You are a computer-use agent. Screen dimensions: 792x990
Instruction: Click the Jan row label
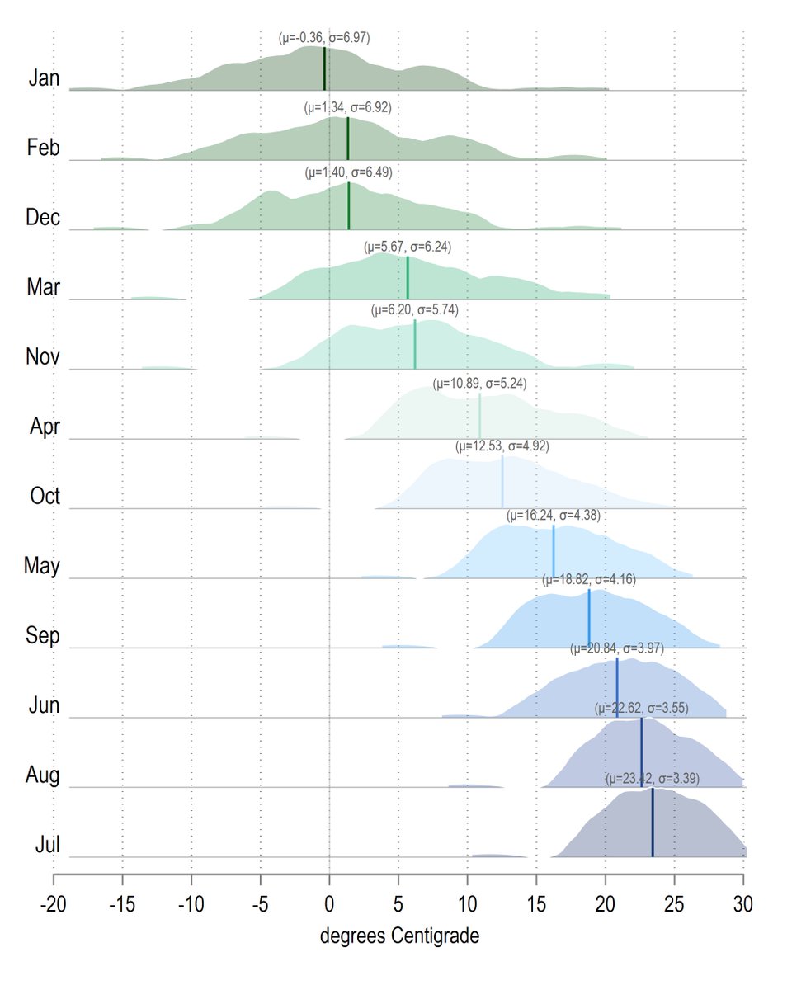tap(45, 78)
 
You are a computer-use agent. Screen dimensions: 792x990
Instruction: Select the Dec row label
tap(43, 217)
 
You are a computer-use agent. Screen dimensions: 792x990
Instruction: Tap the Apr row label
tap(45, 427)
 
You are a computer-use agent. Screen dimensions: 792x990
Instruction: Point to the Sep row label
tap(43, 636)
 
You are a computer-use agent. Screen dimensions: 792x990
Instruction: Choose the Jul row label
tap(47, 845)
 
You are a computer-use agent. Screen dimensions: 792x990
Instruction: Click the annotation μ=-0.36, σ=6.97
tap(324, 37)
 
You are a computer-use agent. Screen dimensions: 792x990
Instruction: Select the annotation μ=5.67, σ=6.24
tap(408, 247)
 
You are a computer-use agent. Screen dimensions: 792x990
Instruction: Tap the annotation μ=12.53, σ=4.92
tap(502, 446)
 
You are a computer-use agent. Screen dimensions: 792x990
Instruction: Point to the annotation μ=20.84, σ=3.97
tap(617, 648)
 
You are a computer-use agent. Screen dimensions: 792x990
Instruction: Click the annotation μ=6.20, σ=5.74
tap(415, 310)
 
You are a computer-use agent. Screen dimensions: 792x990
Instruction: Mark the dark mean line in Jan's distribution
tap(324, 68)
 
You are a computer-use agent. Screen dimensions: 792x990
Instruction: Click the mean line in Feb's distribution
tap(348, 139)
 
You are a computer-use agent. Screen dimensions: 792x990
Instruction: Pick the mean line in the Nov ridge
tap(415, 344)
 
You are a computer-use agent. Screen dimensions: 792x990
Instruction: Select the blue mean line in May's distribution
tap(554, 552)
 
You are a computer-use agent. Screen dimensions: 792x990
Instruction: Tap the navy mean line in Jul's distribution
tap(653, 822)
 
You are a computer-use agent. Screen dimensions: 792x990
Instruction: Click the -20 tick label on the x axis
tap(54, 904)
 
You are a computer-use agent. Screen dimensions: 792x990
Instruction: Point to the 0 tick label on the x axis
tap(329, 904)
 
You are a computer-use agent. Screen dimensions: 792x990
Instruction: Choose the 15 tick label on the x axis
tap(536, 904)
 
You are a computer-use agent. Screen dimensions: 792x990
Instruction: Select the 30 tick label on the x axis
tap(743, 904)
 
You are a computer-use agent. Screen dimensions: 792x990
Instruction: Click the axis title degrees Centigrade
tap(399, 936)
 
